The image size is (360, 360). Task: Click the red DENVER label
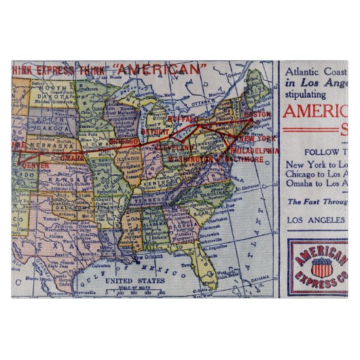click(x=35, y=164)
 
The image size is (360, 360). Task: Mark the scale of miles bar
click(x=136, y=293)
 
